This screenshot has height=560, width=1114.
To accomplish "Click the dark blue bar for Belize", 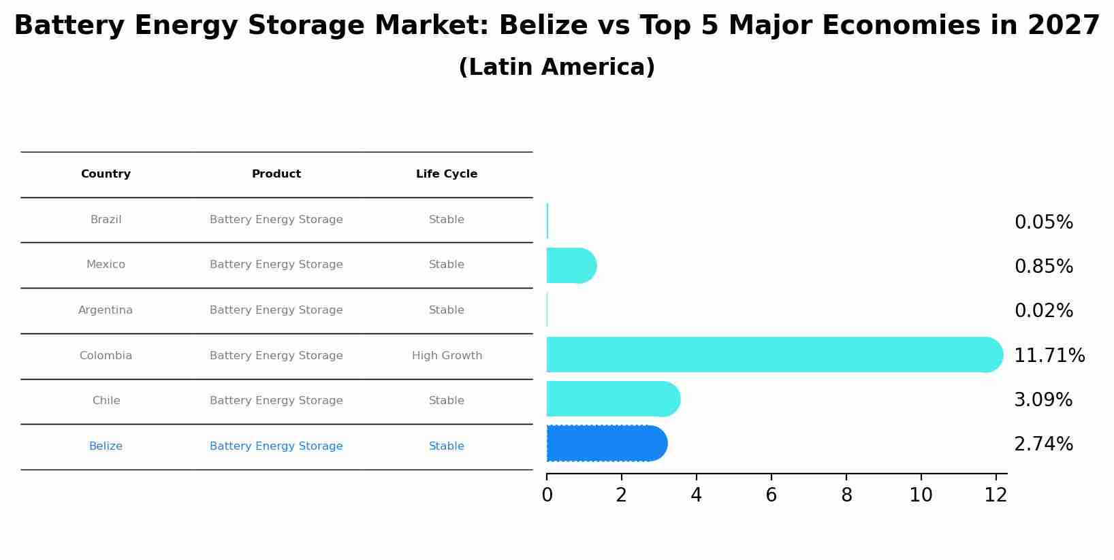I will click(606, 444).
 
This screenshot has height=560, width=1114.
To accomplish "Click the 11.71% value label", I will click(1049, 355).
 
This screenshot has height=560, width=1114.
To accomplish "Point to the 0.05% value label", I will click(1043, 223).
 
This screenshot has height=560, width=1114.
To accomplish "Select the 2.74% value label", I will click(1043, 444).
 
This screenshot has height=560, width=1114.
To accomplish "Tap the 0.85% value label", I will click(1043, 267).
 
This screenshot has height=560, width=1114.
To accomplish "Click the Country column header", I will click(106, 174).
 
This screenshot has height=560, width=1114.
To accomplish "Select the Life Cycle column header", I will click(447, 174).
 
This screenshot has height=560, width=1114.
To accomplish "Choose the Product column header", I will click(276, 174).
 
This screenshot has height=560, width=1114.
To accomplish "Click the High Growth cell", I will click(447, 356).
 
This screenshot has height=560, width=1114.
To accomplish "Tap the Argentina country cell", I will click(106, 310).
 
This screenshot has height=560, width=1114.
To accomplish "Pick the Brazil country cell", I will click(106, 220).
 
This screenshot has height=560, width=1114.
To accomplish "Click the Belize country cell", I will click(106, 446).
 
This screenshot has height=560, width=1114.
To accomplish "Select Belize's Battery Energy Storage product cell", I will click(276, 446).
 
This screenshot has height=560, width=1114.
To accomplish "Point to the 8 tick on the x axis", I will click(846, 495).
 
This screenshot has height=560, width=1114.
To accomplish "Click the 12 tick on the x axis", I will click(996, 495).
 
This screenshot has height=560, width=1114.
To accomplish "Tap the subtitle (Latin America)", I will click(556, 67).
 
